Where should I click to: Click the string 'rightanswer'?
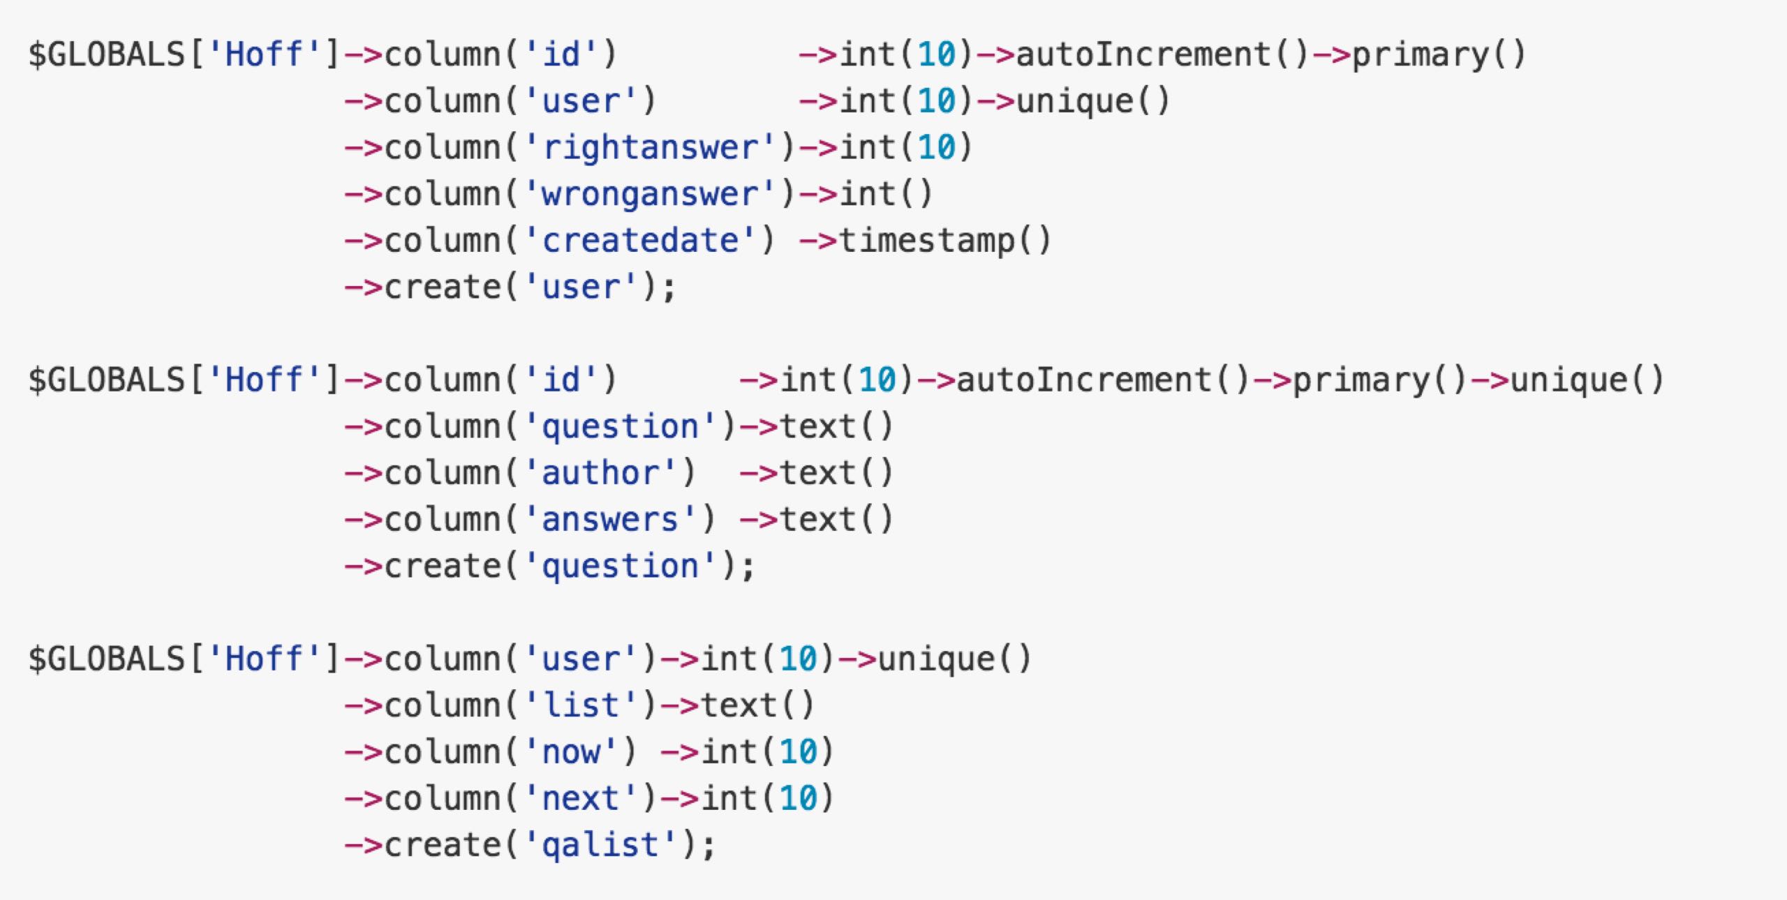tap(650, 148)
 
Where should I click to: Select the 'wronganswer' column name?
tap(650, 195)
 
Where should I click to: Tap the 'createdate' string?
tap(640, 241)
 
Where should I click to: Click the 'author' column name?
tap(600, 473)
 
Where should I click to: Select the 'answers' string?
tap(610, 520)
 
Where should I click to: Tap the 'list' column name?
tap(581, 705)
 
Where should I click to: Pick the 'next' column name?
tap(581, 798)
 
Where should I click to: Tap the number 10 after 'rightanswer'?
tap(936, 148)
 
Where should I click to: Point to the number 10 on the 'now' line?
tap(798, 752)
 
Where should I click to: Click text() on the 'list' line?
tap(757, 705)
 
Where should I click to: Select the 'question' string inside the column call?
tap(620, 427)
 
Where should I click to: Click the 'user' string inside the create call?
tap(581, 287)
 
